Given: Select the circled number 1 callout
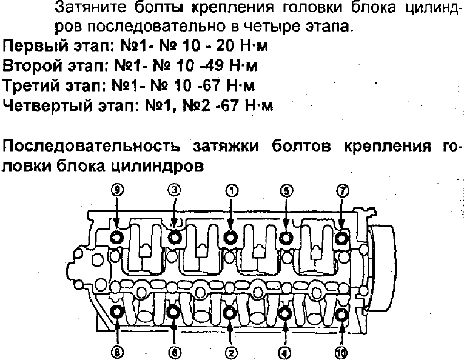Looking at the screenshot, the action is pyautogui.click(x=232, y=191).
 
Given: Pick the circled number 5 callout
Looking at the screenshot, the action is pyautogui.click(x=286, y=191).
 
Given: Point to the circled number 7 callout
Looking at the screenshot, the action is pyautogui.click(x=342, y=191).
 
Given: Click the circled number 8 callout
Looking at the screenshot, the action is pyautogui.click(x=118, y=352).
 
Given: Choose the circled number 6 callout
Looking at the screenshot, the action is pyautogui.click(x=174, y=352).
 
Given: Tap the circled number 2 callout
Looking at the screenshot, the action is pyautogui.click(x=231, y=352).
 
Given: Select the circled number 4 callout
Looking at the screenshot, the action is pyautogui.click(x=284, y=352).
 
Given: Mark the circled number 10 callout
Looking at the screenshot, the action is pyautogui.click(x=341, y=352).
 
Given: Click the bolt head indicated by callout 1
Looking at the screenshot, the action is pyautogui.click(x=230, y=237).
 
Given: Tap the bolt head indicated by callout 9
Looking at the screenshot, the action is pyautogui.click(x=117, y=237).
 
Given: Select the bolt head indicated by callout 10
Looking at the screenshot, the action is pyautogui.click(x=342, y=315).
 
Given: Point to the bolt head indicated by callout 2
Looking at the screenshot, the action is pyautogui.click(x=230, y=313).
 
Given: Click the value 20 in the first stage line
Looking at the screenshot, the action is pyautogui.click(x=225, y=46).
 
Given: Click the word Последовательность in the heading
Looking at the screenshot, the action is pyautogui.click(x=91, y=146).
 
